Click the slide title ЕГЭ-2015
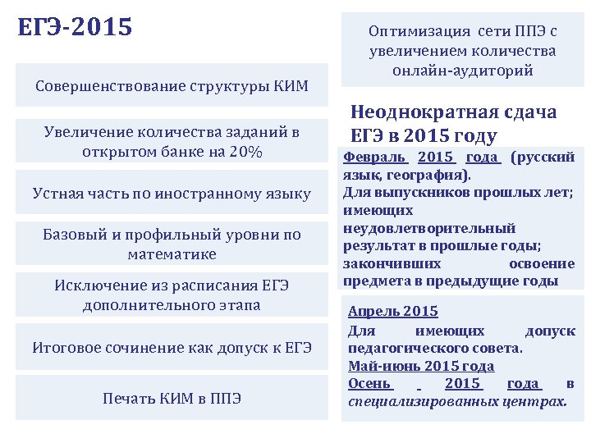[75, 27]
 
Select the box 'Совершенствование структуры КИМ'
[172, 86]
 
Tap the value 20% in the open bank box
[245, 153]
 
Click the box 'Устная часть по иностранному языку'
[172, 194]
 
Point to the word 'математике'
[172, 254]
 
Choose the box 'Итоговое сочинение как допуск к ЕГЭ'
[172, 347]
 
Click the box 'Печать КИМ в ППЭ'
[172, 398]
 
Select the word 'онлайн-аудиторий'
[463, 71]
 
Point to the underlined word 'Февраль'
[374, 157]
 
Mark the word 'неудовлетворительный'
[429, 228]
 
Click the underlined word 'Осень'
[370, 384]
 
